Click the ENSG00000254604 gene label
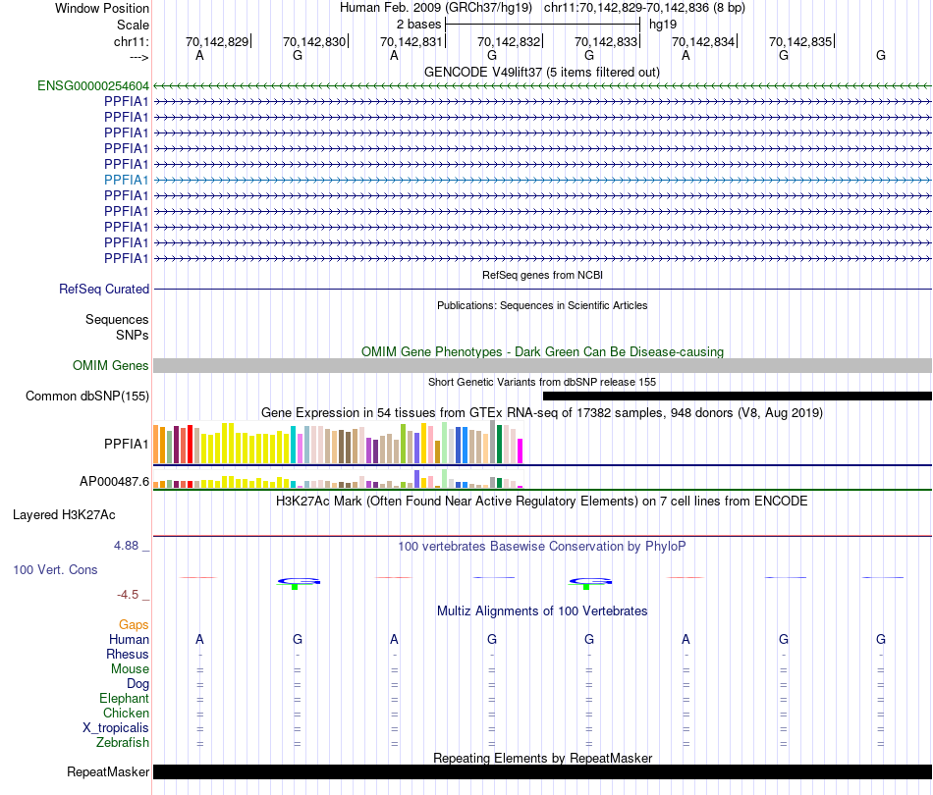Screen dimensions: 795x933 (x=93, y=85)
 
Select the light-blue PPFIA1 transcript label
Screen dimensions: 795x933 (x=126, y=180)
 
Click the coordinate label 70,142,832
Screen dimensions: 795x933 (x=508, y=41)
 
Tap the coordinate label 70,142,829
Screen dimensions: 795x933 (x=218, y=41)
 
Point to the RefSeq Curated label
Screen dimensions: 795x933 (x=104, y=290)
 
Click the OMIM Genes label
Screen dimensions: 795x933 (x=111, y=366)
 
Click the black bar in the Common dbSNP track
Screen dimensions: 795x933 (x=737, y=397)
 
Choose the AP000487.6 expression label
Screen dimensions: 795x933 (x=114, y=482)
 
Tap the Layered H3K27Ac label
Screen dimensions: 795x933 (x=81, y=514)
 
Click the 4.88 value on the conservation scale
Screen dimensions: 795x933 (x=133, y=546)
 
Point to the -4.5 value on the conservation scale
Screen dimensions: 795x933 (x=133, y=595)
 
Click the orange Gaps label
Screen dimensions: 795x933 (x=134, y=624)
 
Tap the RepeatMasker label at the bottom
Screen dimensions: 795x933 (x=108, y=772)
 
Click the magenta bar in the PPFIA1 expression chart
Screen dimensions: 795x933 (x=521, y=450)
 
